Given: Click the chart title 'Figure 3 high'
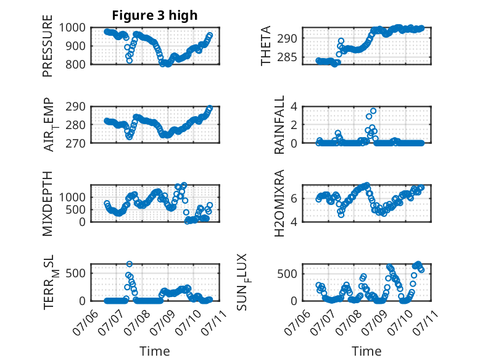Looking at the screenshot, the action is (155, 15).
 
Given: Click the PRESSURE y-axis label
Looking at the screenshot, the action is (48, 46).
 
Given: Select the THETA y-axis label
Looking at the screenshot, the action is (266, 46).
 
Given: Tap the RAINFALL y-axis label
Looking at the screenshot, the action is (279, 124).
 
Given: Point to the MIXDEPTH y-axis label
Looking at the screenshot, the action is (48, 203).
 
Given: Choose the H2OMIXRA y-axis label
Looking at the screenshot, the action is (279, 203).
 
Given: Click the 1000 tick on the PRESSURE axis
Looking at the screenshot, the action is (72, 28).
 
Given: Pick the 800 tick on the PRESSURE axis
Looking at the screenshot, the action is (76, 64).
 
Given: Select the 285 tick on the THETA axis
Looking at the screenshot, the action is (288, 57).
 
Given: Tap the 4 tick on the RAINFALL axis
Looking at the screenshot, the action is (294, 107).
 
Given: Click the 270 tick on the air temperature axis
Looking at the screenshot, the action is (76, 143).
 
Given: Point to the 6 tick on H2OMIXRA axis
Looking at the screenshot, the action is (294, 199).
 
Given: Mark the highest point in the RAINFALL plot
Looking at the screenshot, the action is (373, 111).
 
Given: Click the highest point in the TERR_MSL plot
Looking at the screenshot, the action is (130, 264).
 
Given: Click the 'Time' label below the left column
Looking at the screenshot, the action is (155, 351).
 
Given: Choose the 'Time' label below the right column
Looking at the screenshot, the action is (366, 351).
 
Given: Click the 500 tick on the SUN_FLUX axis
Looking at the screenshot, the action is (288, 274).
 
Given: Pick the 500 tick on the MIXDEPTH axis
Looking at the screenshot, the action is (76, 209).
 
